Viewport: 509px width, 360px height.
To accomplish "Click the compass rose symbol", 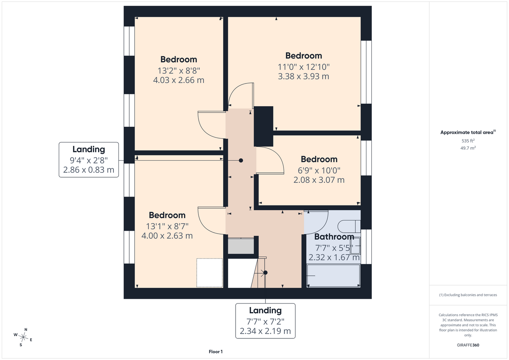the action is (23, 337).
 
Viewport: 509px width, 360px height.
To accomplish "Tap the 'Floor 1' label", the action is (216, 352).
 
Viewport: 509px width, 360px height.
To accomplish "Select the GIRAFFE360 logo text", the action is (468, 345).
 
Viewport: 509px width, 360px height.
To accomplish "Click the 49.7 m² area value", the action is (468, 148).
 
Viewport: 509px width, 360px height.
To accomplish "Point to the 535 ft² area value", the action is (468, 141).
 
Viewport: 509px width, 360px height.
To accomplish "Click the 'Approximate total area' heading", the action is (468, 132).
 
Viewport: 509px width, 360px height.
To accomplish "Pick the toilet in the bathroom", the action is (349, 226).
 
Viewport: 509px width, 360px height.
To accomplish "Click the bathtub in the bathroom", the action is (333, 276).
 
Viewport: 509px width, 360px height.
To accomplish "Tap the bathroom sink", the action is (355, 246).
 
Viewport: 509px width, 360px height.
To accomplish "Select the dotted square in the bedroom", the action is (210, 273).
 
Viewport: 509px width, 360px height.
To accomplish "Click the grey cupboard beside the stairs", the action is (241, 246).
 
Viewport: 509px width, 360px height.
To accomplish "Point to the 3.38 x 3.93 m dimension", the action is (304, 76).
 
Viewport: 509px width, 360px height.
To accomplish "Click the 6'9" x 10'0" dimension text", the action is (319, 170).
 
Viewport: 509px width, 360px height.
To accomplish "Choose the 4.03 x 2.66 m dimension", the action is (179, 80).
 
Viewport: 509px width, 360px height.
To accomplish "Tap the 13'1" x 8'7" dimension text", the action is (167, 226).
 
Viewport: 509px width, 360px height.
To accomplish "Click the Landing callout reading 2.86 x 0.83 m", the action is (89, 160).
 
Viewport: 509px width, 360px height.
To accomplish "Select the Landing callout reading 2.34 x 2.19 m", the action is (265, 321).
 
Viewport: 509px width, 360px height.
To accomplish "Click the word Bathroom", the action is (334, 237).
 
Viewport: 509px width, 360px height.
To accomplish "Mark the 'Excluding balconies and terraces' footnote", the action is (468, 295).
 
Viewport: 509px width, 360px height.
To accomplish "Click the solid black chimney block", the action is (263, 126).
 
